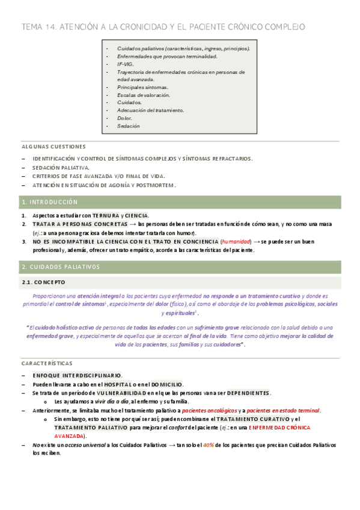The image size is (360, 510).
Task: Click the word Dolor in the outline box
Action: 124,118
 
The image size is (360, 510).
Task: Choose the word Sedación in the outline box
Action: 129,126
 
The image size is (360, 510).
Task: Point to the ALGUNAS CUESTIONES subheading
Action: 53,146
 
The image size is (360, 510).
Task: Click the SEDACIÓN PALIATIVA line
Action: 61,167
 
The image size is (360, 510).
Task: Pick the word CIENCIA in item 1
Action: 136,215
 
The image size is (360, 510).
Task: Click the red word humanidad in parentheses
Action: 236,242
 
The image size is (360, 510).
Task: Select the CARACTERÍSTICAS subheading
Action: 47,364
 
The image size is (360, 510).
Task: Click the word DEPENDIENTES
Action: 248,393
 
